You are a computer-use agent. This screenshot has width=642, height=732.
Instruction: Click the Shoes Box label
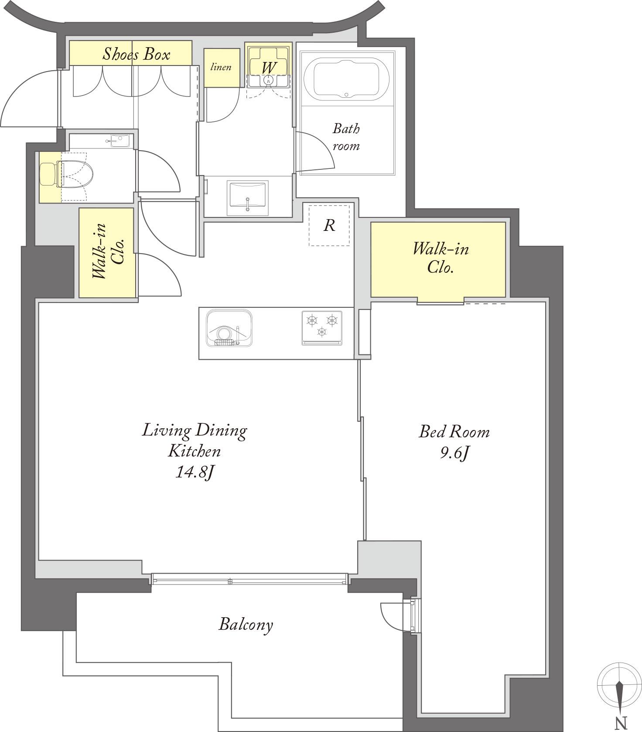pyautogui.click(x=136, y=54)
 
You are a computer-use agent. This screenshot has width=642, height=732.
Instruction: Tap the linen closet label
pyautogui.click(x=221, y=67)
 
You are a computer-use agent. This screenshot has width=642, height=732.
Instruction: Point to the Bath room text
pyautogui.click(x=346, y=137)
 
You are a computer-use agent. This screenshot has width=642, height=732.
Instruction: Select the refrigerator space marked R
pyautogui.click(x=329, y=225)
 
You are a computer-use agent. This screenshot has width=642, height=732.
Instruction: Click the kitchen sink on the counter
pyautogui.click(x=229, y=328)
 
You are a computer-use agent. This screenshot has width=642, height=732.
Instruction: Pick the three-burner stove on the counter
pyautogui.click(x=322, y=328)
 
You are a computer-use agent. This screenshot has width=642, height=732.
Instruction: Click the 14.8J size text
pyautogui.click(x=194, y=472)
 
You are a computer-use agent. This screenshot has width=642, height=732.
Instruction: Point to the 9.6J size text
pyautogui.click(x=454, y=454)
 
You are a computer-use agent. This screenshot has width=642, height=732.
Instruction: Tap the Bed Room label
pyautogui.click(x=454, y=432)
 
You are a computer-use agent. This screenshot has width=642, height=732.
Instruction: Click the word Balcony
pyautogui.click(x=246, y=625)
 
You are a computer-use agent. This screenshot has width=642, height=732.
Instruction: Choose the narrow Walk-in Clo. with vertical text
pyautogui.click(x=107, y=253)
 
